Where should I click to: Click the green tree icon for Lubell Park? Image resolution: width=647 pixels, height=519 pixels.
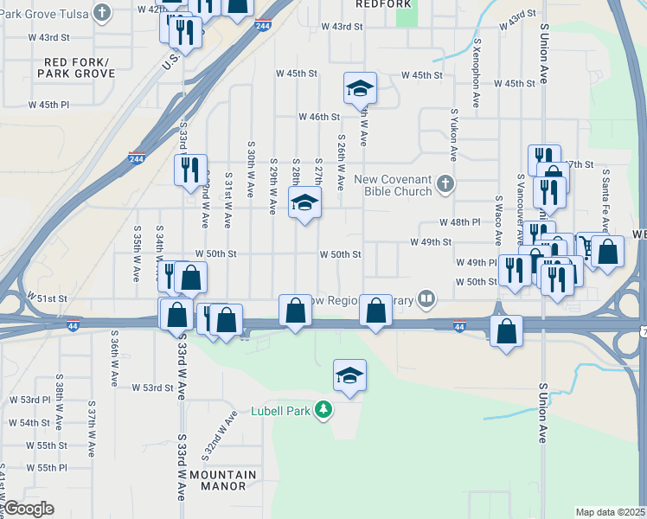(x=323, y=408)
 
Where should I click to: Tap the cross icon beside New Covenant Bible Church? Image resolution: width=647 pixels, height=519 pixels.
(x=445, y=183)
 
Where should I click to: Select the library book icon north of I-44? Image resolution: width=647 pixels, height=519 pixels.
(x=426, y=299)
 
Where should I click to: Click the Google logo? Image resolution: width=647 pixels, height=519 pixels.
(x=29, y=509)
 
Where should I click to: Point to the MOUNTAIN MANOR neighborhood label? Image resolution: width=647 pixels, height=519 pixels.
(x=223, y=481)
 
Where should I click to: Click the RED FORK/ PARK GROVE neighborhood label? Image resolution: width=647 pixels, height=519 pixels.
(x=76, y=68)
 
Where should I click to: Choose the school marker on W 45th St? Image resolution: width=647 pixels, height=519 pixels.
(x=360, y=87)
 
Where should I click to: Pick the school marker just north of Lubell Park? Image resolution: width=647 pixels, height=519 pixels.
(x=349, y=375)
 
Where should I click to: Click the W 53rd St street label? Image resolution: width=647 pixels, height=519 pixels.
(x=152, y=388)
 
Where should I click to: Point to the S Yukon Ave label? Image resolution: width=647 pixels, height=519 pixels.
(x=453, y=135)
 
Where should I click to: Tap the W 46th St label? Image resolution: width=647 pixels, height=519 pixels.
(x=319, y=117)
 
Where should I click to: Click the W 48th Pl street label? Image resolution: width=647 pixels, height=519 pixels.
(x=458, y=222)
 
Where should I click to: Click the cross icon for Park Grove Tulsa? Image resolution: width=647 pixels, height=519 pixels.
(x=103, y=12)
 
